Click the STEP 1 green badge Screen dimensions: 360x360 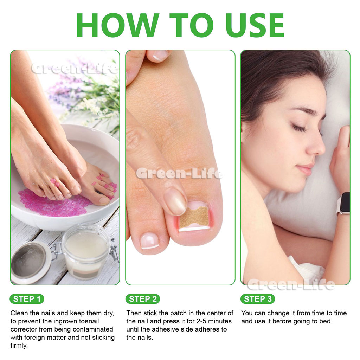point(27,299)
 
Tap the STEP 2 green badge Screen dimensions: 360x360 point(143,299)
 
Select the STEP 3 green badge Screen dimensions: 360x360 point(258,299)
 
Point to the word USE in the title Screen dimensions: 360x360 point(255,25)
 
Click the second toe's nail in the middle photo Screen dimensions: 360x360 point(149,241)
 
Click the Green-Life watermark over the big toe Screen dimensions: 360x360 point(179,173)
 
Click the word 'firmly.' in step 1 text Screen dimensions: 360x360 point(19,346)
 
